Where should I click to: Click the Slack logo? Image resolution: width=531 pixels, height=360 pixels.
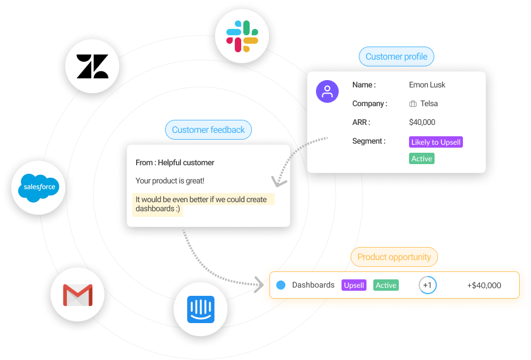click(242, 36)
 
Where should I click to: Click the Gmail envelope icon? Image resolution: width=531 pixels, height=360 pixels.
click(78, 295)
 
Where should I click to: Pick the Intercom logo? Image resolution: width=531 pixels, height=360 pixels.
click(201, 309)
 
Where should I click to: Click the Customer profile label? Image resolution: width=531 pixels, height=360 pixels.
click(396, 57)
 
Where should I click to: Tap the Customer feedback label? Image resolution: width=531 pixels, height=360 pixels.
click(208, 130)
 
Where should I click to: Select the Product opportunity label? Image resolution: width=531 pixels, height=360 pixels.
click(394, 257)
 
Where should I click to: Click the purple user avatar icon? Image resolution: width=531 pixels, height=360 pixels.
click(327, 91)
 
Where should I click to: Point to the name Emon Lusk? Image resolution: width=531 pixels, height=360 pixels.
click(427, 85)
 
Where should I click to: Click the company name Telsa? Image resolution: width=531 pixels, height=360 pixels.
click(428, 104)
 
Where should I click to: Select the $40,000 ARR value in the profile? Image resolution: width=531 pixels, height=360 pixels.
click(422, 122)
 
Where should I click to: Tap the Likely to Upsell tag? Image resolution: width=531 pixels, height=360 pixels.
click(436, 142)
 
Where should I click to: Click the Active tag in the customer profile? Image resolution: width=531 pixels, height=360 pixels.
click(422, 159)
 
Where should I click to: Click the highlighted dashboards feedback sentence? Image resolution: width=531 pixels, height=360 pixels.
click(201, 204)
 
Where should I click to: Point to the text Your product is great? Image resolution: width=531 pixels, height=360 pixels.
click(170, 181)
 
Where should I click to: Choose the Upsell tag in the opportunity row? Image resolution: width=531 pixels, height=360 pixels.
click(354, 285)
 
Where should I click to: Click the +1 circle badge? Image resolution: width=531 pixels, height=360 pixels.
click(428, 285)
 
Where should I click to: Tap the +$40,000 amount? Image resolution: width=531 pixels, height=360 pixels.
click(484, 285)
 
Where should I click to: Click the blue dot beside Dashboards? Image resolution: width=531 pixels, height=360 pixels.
click(281, 285)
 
